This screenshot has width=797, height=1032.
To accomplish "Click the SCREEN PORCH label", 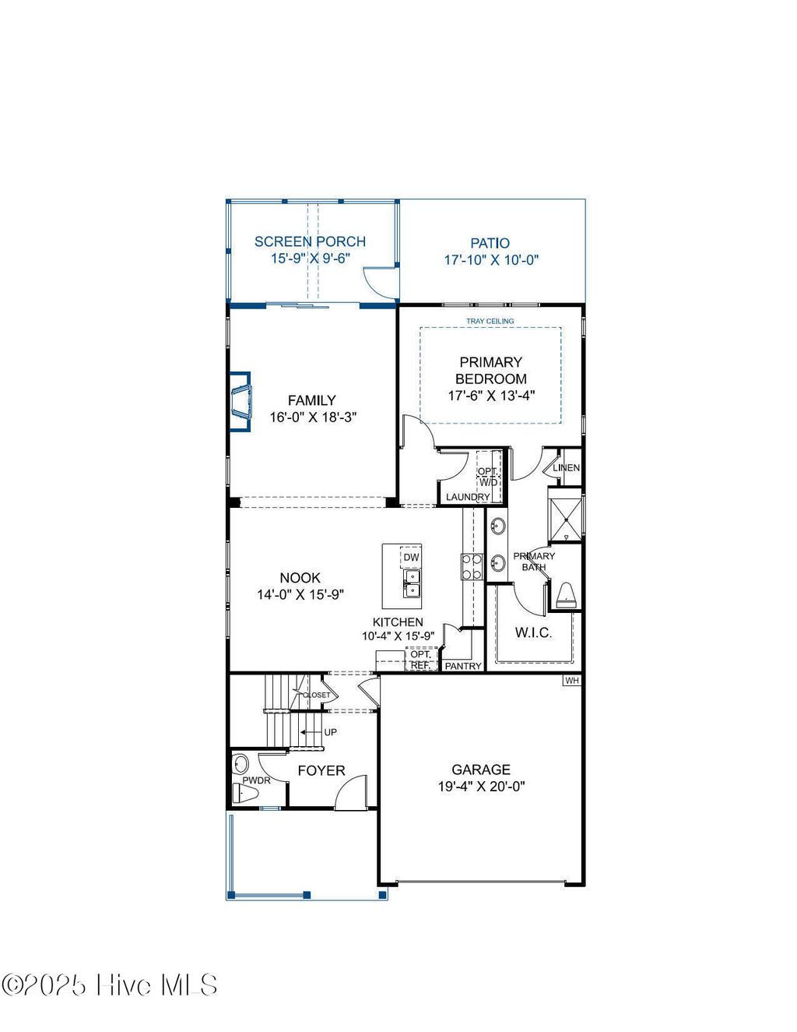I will point(310,241).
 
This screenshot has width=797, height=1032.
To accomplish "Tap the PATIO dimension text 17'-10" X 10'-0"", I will point(491,260).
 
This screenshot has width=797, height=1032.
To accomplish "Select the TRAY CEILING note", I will point(490,321).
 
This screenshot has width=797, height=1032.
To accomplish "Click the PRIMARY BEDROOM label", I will point(491,370).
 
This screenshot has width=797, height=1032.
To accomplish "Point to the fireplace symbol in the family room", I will point(241,401).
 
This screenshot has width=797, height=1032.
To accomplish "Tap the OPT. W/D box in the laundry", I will point(488,477).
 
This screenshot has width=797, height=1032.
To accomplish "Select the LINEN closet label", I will point(566,468).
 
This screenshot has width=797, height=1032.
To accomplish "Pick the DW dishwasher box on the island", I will point(411,558).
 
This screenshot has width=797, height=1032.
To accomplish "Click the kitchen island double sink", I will point(411,582).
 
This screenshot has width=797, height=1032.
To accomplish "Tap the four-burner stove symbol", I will point(472,566).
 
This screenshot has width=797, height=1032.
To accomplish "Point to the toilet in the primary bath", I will point(564,596).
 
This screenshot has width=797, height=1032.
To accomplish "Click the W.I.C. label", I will point(534,632).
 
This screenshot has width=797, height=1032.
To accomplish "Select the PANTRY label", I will point(463,666).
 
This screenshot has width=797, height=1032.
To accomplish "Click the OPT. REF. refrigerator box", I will point(420,660).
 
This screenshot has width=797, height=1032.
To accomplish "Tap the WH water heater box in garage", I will point(572,681).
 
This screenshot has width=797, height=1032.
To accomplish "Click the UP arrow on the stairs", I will point(320,732).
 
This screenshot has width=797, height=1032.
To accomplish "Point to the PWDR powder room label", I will point(256,780).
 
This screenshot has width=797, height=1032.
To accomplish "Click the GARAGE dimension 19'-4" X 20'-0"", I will point(481,787).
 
